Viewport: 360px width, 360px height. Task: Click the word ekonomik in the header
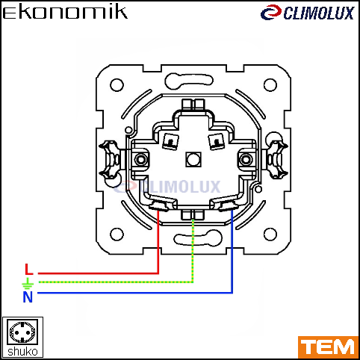point(65,13)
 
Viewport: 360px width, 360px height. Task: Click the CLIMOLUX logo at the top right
point(307,13)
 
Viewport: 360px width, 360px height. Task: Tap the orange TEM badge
point(328,347)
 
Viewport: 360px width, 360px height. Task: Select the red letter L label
point(29,269)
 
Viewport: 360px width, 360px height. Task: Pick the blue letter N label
point(28,297)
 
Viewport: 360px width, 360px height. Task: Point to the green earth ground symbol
point(28,283)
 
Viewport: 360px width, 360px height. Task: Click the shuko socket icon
point(22,332)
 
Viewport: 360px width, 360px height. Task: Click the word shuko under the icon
point(22,352)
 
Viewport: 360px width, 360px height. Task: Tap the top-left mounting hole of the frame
point(117,85)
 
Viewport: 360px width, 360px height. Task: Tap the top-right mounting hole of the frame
point(270,85)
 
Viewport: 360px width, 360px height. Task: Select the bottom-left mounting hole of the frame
point(117,235)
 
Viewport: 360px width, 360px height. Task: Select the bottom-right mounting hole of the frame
point(270,235)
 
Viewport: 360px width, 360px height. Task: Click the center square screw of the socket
point(193,159)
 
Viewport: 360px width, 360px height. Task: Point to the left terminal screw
point(140,159)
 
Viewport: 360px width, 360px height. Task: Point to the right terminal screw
point(246,159)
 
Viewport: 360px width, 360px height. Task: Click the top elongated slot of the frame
point(189,81)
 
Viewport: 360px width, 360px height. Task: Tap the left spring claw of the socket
point(110,160)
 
